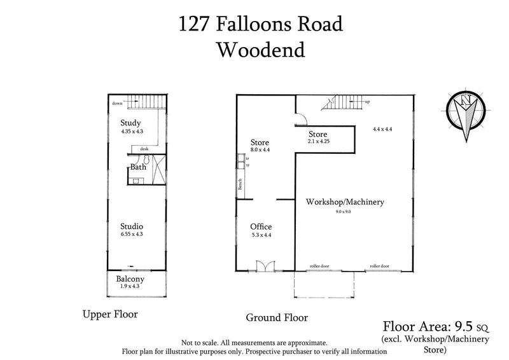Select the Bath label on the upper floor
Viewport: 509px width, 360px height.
point(138,167)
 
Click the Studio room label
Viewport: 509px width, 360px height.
point(132,226)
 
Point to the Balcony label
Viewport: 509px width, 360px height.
point(130,279)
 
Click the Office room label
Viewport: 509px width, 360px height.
point(260,226)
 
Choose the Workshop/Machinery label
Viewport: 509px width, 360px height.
point(345,202)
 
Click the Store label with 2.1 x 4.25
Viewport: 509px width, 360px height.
point(317,134)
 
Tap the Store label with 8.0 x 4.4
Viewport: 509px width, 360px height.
point(260,142)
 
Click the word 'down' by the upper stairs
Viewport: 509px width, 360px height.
point(116,102)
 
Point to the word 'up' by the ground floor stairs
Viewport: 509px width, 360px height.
point(368,102)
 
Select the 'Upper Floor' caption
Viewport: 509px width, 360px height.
point(110,314)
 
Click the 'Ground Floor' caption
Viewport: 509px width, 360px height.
point(277,317)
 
